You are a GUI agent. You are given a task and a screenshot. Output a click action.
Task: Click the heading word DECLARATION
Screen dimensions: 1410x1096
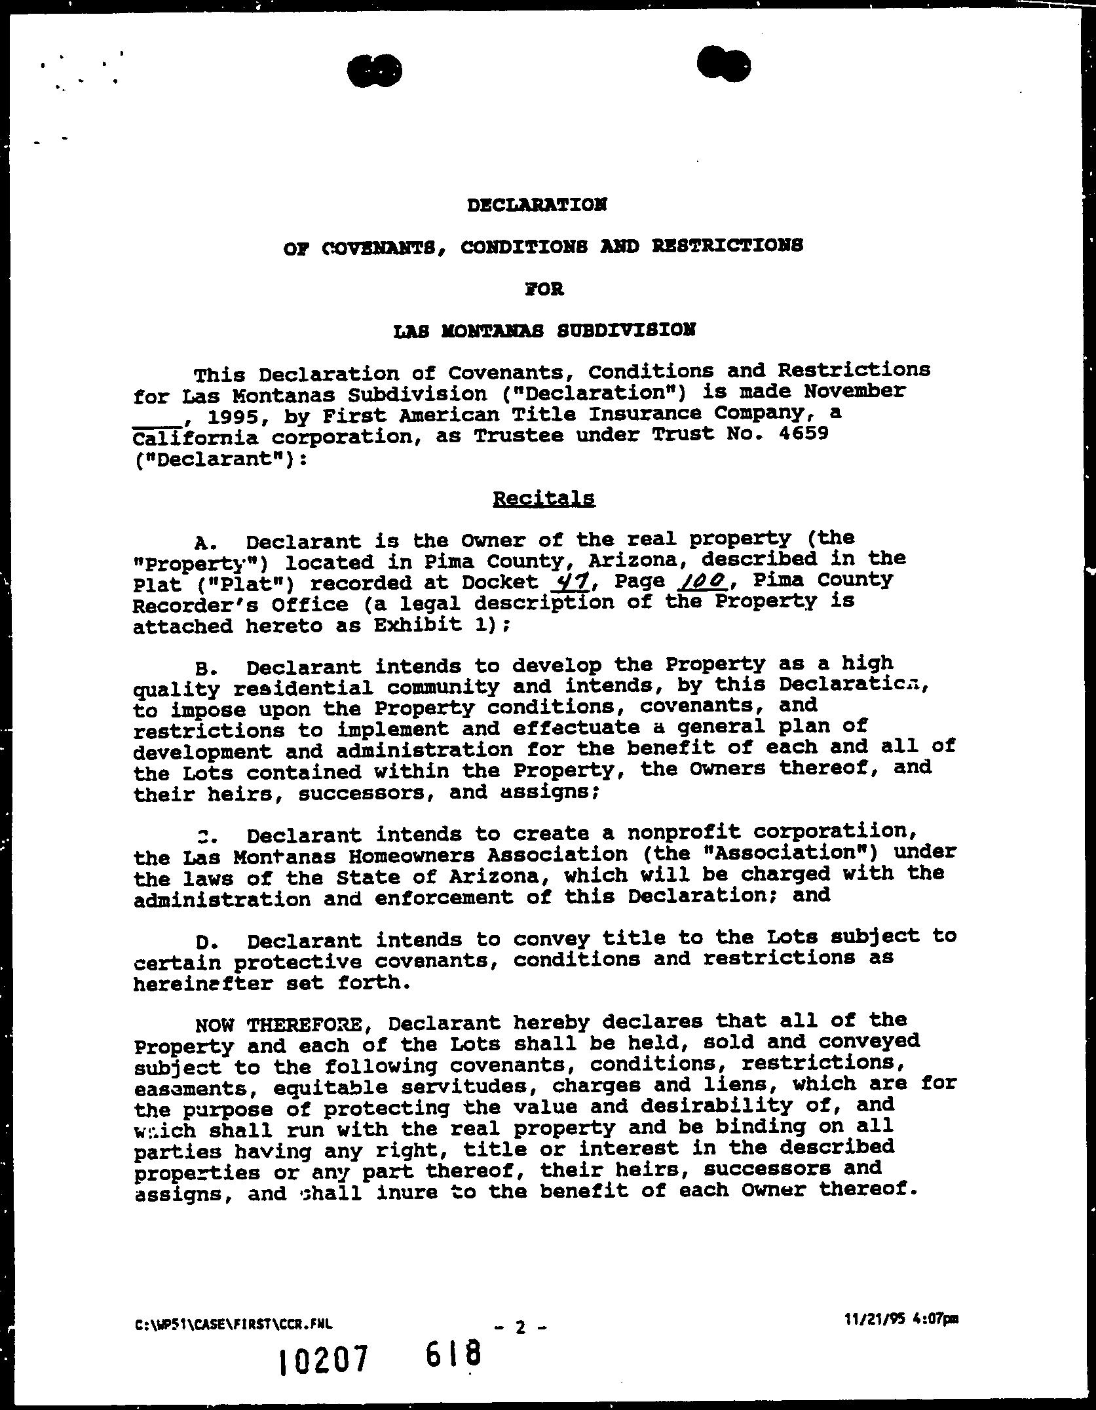[537, 205]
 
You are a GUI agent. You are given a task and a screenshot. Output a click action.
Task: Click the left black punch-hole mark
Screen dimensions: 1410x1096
[374, 70]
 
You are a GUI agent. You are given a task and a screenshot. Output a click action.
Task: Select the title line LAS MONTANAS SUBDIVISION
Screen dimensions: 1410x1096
[544, 331]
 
